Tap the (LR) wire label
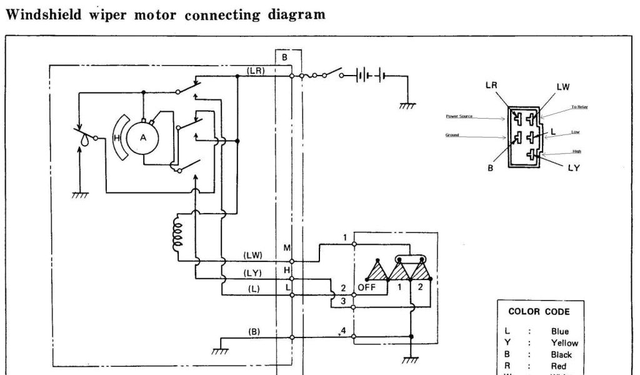(256, 70)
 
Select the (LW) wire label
(252, 255)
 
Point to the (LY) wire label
(252, 273)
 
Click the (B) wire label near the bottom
(254, 332)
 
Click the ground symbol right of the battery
(407, 106)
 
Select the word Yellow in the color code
(564, 343)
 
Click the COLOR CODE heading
(539, 311)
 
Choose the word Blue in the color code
(560, 332)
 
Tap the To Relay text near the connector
(579, 107)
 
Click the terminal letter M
(287, 248)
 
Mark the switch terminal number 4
(343, 329)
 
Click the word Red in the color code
(559, 366)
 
